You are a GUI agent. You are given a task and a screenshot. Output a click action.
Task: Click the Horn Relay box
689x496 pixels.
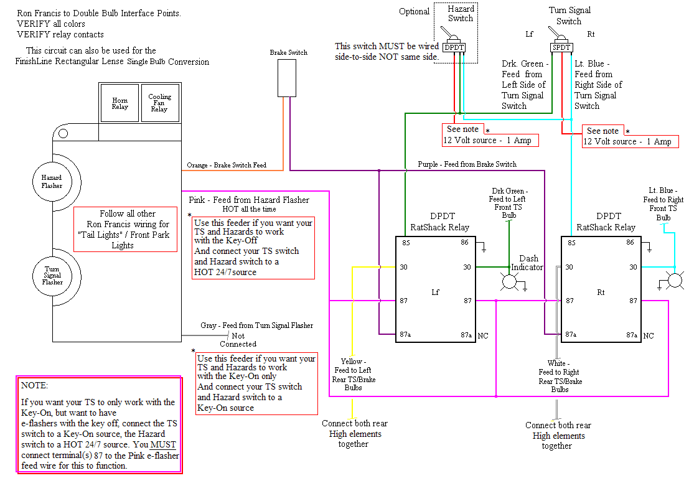(x=120, y=103)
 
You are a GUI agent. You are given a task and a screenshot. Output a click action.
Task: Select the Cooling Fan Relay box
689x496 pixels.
(x=159, y=103)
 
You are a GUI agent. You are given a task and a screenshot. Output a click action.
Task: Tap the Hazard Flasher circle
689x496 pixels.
(x=52, y=182)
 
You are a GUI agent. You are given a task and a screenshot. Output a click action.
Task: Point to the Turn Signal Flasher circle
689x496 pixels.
(x=52, y=274)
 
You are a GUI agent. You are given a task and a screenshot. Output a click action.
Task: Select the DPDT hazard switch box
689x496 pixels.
(x=454, y=47)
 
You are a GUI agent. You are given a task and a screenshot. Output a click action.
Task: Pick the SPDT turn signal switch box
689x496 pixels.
(x=562, y=47)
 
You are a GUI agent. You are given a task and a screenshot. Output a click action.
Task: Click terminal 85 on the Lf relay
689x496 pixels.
(x=405, y=243)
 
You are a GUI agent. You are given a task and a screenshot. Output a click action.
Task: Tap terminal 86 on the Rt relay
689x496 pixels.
(x=630, y=243)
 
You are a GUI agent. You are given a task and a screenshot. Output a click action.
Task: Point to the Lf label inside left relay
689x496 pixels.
(x=435, y=291)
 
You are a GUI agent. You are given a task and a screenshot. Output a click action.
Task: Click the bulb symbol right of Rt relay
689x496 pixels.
(x=674, y=281)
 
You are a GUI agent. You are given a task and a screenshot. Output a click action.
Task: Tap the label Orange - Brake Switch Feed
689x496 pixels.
(x=227, y=166)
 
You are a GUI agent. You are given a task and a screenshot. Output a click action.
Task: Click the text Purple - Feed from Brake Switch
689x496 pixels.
(x=467, y=164)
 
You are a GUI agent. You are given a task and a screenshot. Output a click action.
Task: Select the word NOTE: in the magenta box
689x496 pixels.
(x=34, y=386)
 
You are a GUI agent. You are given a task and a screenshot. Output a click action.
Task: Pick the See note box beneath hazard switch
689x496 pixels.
(x=462, y=129)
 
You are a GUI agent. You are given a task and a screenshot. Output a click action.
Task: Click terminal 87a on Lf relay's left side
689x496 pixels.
(x=405, y=335)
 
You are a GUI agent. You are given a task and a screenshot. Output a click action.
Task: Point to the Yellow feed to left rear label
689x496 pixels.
(x=353, y=374)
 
